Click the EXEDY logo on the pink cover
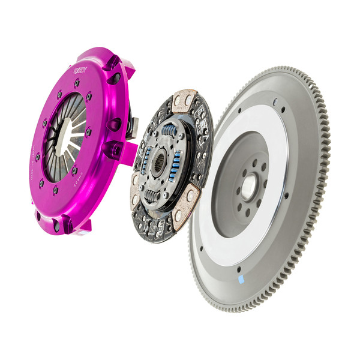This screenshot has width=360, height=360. pyautogui.click(x=80, y=70)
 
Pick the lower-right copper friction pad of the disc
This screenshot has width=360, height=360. pyautogui.click(x=191, y=195)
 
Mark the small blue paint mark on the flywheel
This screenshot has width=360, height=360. pyautogui.click(x=241, y=280)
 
